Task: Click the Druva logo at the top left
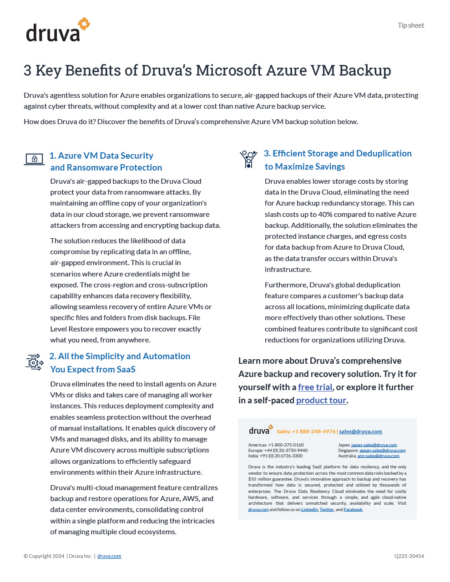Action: (58, 30)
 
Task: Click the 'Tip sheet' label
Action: (410, 25)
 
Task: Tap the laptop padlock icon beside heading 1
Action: (34, 159)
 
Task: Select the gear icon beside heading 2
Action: (34, 362)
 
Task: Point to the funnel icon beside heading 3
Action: (248, 159)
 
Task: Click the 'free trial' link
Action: (315, 387)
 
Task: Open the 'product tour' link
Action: (321, 400)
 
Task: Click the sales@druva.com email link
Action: (360, 431)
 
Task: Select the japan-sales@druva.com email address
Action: (374, 445)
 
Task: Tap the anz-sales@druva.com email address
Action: (378, 456)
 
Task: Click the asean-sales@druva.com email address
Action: (382, 451)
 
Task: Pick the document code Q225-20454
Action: (409, 556)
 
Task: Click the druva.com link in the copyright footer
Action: (109, 556)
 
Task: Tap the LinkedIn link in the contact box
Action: (309, 510)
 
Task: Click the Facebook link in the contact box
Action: (353, 510)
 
